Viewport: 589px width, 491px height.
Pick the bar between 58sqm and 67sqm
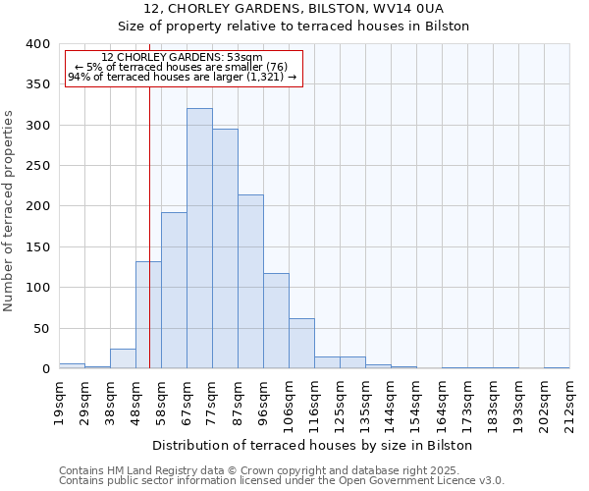pos(174,291)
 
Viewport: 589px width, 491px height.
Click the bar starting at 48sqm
pos(148,315)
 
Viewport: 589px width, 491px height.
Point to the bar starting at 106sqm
pos(301,344)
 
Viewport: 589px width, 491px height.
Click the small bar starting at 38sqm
pos(123,359)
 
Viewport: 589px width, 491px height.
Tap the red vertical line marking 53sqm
pos(149,196)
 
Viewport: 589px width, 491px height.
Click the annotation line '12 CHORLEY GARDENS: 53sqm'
pos(183,58)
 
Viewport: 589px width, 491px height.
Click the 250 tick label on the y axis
pos(36,166)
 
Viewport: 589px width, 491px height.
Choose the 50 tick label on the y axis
pos(40,328)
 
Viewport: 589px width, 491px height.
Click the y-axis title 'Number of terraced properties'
pos(9,211)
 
